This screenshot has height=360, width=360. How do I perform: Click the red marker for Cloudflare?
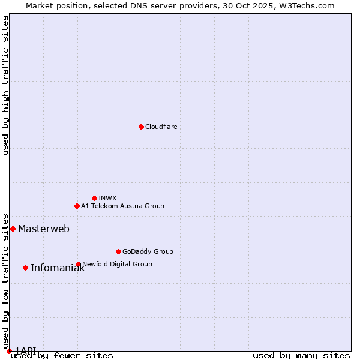[x=141, y=127]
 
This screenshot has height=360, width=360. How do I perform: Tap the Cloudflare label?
[x=161, y=127]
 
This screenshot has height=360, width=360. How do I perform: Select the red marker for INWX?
[x=94, y=198]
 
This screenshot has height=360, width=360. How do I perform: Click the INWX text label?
[x=107, y=198]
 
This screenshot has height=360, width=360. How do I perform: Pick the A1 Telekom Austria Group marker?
[x=77, y=206]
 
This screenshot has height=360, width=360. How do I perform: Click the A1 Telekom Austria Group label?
[x=122, y=206]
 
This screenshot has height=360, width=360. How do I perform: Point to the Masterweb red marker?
[x=13, y=229]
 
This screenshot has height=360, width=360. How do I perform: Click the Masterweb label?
[x=43, y=229]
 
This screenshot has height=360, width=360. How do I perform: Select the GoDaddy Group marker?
[x=118, y=251]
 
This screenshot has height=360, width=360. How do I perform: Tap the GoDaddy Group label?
[x=148, y=251]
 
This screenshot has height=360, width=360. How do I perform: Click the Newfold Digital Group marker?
[x=78, y=264]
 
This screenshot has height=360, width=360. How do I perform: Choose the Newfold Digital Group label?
[x=117, y=264]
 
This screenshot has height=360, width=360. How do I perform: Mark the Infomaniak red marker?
[x=25, y=268]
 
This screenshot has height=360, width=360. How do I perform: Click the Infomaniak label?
[x=58, y=268]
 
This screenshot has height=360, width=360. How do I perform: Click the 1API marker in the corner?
[x=9, y=351]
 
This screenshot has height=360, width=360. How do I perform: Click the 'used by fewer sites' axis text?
[x=62, y=355]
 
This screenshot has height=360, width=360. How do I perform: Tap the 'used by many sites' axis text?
[x=301, y=355]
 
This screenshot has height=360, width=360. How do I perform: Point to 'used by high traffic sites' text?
[x=5, y=85]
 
